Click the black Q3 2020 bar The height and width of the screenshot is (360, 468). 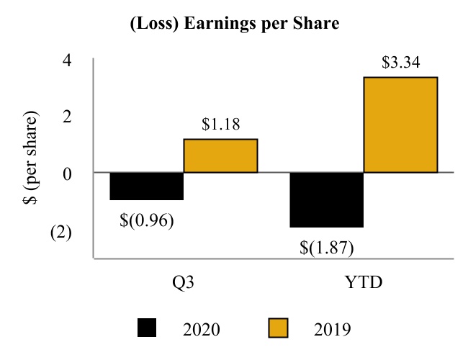[147, 186]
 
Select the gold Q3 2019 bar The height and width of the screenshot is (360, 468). [220, 156]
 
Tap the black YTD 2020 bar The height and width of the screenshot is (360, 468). [326, 199]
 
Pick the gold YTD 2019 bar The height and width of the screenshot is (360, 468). [400, 125]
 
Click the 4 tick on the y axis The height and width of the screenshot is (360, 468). [66, 59]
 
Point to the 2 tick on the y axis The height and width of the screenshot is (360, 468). [66, 116]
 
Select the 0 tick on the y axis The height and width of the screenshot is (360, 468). [66, 173]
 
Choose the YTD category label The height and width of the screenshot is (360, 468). [363, 282]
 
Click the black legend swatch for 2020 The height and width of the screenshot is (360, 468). [147, 328]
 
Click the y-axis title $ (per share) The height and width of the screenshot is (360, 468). [31, 158]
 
